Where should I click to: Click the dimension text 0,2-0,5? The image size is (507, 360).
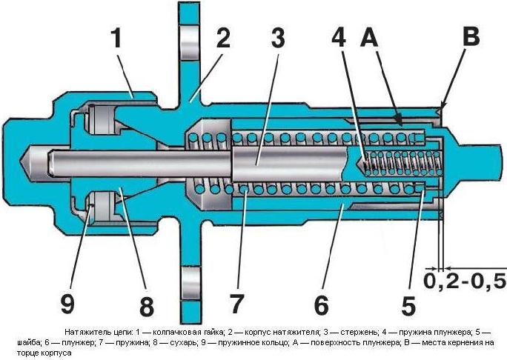pos(465,281)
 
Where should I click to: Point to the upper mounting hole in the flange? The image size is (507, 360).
pos(190,34)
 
